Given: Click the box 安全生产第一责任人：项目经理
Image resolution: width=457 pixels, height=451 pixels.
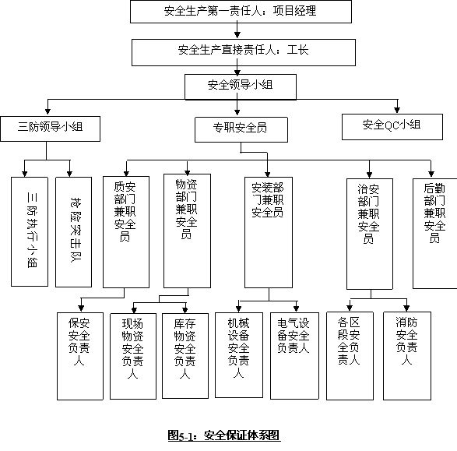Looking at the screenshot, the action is pos(241,12).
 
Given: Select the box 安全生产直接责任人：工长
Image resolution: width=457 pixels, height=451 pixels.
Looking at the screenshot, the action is pos(244,52).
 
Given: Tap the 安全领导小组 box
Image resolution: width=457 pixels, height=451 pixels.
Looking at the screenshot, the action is pos(241,87).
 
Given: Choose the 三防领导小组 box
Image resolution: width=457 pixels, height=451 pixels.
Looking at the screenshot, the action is pos(50,129).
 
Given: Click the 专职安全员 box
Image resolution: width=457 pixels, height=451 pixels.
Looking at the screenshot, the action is pos(241,130).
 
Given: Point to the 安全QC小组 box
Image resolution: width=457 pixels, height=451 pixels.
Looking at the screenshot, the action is pos(392,127).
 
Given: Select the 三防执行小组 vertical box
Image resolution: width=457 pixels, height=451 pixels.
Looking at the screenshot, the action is pos(30,231).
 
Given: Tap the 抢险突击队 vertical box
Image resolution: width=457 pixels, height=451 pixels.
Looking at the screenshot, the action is pos(73,232).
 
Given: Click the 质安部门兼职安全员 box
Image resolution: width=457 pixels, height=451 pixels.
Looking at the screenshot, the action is pos(126,232).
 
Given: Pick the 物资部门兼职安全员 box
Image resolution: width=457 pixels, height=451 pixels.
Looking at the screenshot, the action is pos(187,231).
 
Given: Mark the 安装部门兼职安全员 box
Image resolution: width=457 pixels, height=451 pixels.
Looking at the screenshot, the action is pos(269,232).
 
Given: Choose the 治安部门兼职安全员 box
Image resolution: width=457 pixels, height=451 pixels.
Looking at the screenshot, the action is pos(370,234).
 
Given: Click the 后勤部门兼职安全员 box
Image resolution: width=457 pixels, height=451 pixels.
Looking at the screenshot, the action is pos(435,234).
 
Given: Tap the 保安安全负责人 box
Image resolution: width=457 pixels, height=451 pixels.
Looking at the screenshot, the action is pos(80,356).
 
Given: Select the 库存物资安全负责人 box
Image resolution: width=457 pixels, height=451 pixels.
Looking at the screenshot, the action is pos(185,356).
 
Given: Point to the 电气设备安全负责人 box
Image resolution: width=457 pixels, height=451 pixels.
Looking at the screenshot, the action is pos(294,356).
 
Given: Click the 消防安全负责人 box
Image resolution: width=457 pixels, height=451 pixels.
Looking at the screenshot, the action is pos(407,356).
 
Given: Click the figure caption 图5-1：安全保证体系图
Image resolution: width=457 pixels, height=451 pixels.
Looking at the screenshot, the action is pos(224,435).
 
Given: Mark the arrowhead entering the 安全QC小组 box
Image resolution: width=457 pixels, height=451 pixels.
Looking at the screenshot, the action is pos(397,110).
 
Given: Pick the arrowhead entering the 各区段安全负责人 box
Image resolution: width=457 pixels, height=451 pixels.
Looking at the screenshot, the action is pos(350,308).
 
